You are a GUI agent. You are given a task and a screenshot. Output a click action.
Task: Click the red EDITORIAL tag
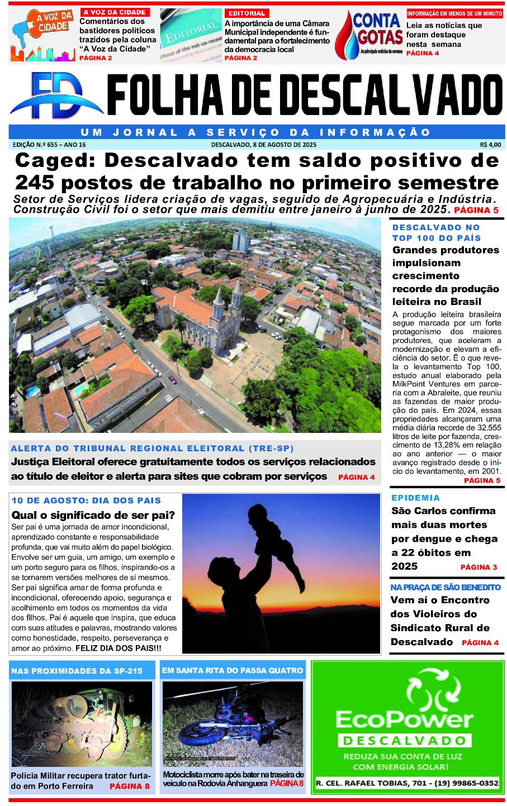pyautogui.click(x=247, y=13)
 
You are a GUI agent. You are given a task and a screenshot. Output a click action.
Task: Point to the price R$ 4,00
pyautogui.click(x=490, y=145)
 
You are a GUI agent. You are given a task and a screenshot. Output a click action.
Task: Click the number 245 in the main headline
pyautogui.click(x=35, y=183)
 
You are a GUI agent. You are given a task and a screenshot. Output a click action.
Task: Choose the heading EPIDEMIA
pyautogui.click(x=415, y=498)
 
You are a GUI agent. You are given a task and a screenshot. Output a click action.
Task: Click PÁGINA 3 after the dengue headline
pyautogui.click(x=478, y=567)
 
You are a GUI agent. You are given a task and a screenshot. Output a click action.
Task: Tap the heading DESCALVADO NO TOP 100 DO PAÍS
pyautogui.click(x=436, y=232)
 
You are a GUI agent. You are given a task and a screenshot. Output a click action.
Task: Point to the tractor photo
pyautogui.click(x=82, y=723)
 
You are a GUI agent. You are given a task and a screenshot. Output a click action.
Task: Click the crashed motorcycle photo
pyautogui.click(x=233, y=723)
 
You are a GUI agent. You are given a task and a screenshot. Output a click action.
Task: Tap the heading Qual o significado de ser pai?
pyautogui.click(x=93, y=515)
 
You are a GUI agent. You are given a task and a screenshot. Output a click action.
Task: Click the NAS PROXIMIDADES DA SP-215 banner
pyautogui.click(x=77, y=671)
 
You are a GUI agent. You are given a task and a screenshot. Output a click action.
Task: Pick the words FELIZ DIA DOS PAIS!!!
pyautogui.click(x=119, y=648)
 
